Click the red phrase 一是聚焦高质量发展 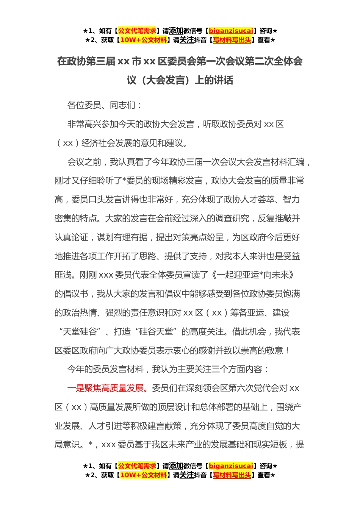click(x=106, y=388)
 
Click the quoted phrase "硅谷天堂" click(x=156, y=332)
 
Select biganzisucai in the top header click(x=231, y=31)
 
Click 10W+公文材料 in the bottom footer click(x=143, y=475)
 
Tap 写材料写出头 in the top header click(x=232, y=40)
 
